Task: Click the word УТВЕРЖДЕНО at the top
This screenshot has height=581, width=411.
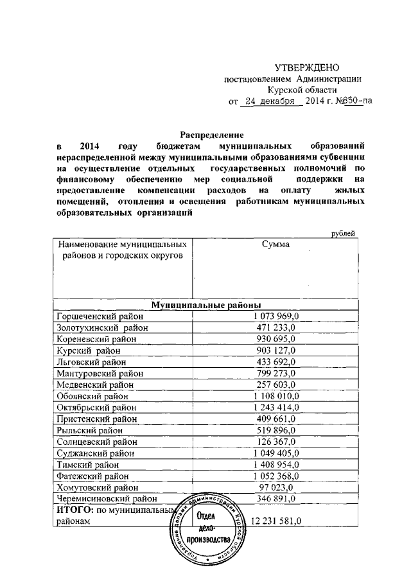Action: pos(306,67)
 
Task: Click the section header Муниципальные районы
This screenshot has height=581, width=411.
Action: pos(205,305)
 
